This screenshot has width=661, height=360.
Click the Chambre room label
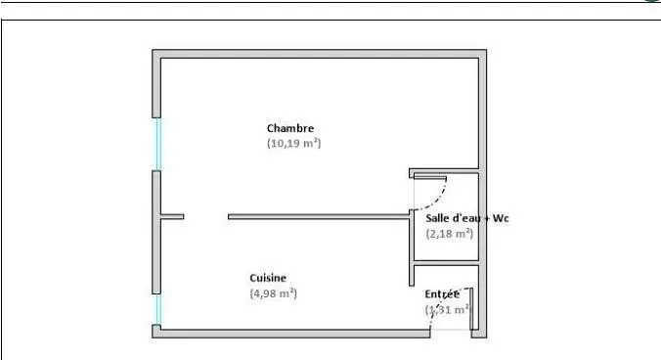pos(290,128)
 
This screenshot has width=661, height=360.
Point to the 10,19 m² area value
pos(294,143)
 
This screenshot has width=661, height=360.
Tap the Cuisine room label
pos(268,278)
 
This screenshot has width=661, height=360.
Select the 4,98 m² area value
pos(273,292)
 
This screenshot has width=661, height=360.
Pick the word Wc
pos(500,218)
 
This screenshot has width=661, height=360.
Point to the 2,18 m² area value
pos(450,233)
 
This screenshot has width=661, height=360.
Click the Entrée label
pos(442,293)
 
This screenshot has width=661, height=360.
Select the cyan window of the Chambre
pos(156,144)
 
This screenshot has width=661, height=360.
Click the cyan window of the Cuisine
pos(156,309)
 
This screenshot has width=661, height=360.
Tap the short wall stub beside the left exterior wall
pos(171,216)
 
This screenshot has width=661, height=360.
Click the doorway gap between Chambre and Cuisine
pos(205,216)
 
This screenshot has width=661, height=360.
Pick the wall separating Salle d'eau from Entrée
pos(446,262)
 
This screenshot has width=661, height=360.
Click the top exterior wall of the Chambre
pos(319,54)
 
